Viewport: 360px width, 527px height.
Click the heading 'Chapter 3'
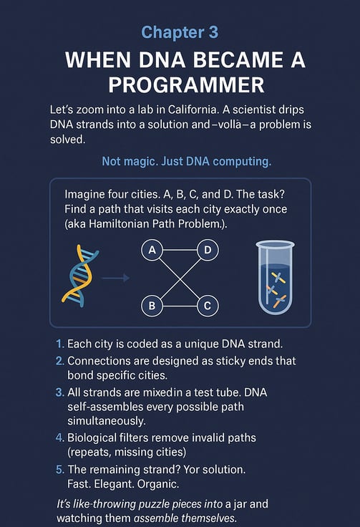coord(180,33)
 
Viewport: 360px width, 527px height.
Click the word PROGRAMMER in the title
coord(186,84)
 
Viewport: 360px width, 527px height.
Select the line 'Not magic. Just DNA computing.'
coord(186,161)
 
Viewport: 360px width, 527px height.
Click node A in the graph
coord(152,250)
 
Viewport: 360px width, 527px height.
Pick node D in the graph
coord(208,250)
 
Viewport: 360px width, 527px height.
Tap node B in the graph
coord(152,306)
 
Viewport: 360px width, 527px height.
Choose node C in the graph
coord(208,306)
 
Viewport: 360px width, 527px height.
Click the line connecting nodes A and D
coord(180,250)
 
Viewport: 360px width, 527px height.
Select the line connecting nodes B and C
coord(180,306)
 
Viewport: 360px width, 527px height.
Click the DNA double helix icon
coord(80,276)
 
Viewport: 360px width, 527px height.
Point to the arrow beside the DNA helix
coord(115,278)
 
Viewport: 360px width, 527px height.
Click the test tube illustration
coord(275,278)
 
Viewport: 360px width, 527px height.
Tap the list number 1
coord(59,344)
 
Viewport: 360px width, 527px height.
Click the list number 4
coord(59,437)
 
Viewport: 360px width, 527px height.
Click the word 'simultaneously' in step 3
coord(107,421)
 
